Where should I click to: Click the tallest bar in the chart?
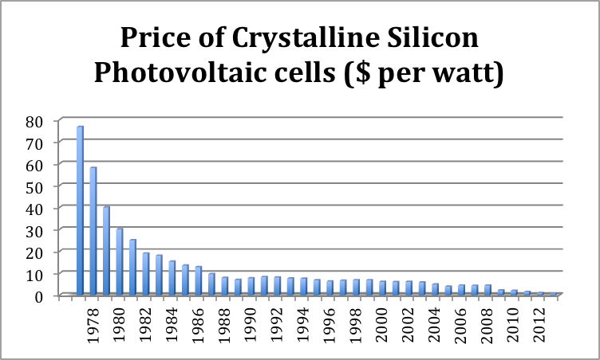point(80,210)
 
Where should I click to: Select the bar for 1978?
point(93,231)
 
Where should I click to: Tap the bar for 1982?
point(145,274)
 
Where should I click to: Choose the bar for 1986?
point(198,280)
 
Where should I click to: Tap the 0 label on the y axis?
point(51,296)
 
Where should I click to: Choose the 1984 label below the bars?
point(172,326)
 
